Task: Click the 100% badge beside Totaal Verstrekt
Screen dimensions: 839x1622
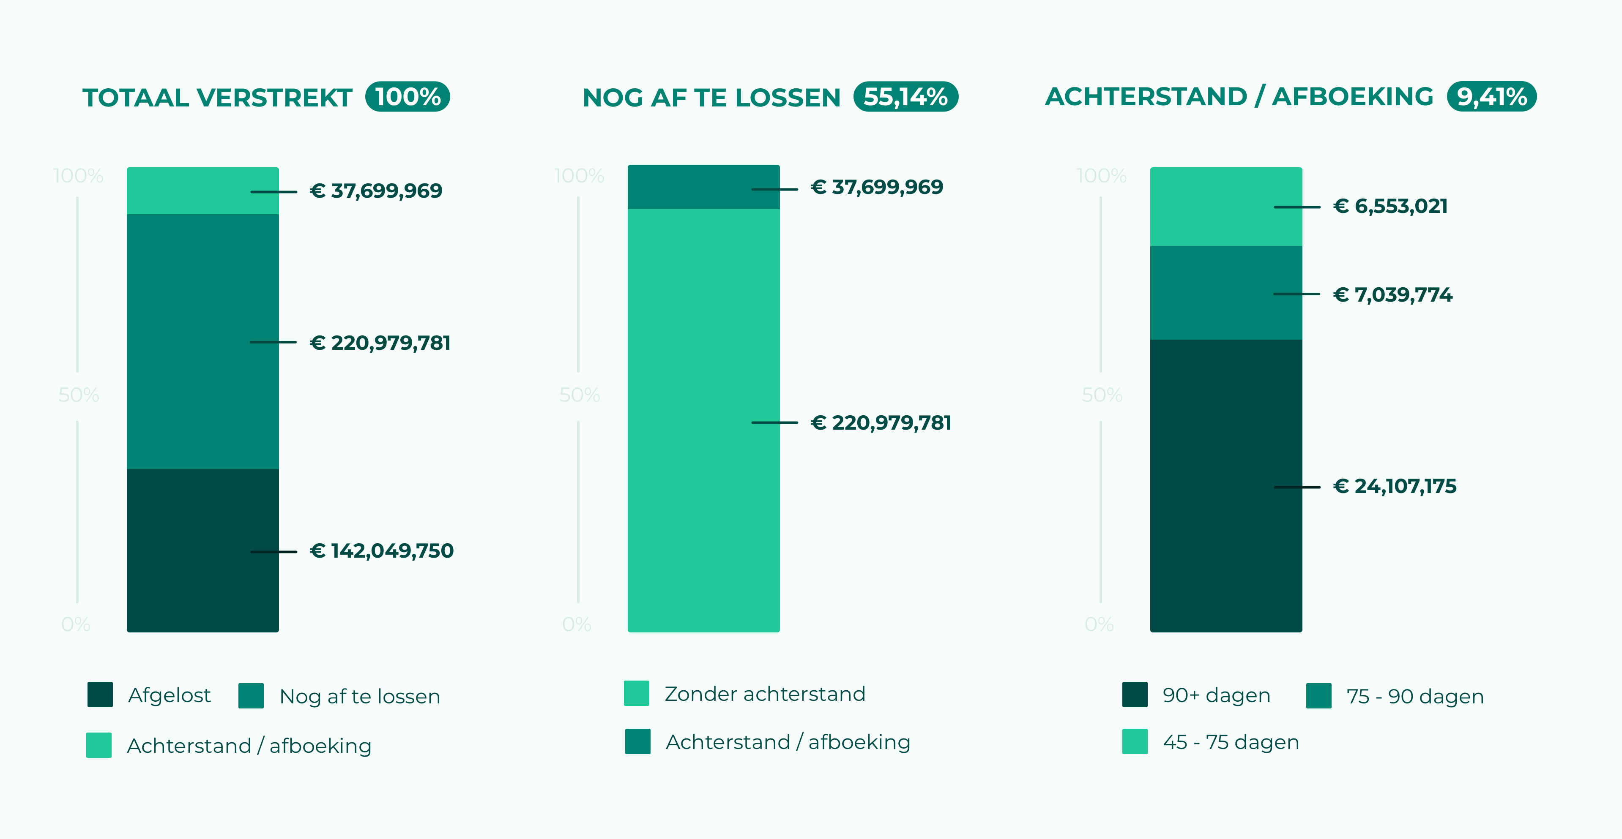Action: (408, 97)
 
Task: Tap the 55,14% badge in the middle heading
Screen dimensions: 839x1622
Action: (905, 97)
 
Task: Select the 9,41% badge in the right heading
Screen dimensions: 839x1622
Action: (1492, 97)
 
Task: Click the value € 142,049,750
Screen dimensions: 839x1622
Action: (382, 551)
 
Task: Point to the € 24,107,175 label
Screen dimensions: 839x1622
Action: (1395, 486)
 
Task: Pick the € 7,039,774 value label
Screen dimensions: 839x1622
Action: (1393, 294)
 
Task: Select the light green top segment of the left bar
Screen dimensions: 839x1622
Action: (203, 191)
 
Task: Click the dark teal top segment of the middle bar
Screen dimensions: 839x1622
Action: (703, 187)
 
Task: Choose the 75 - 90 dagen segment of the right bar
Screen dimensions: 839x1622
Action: (1226, 293)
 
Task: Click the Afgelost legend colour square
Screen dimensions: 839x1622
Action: (100, 695)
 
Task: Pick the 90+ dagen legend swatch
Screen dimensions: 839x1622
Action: (1135, 695)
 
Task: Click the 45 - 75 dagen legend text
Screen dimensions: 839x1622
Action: (1231, 742)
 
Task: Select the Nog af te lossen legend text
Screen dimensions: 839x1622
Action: (360, 696)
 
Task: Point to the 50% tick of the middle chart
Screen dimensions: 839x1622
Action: (579, 395)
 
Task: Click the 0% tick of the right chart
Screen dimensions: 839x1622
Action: (1099, 624)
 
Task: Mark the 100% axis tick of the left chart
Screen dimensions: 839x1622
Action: (78, 176)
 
